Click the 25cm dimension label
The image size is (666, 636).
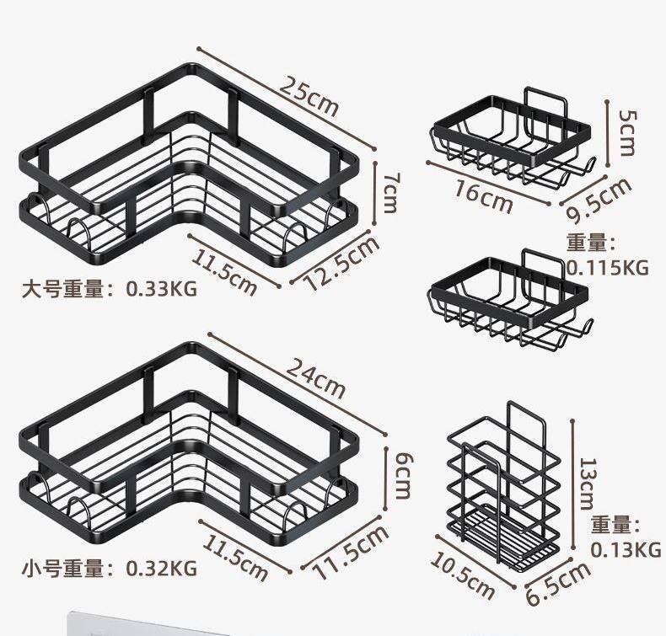coord(309,97)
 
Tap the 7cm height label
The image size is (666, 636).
coord(390,192)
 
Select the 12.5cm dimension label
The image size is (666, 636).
coord(342,263)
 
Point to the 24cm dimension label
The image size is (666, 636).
coord(315,378)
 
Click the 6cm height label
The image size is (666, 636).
coord(403,475)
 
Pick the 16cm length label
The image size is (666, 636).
coord(483,196)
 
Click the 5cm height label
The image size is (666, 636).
coord(628,133)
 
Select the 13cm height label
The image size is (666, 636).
coord(589,484)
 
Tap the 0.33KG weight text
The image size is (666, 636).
coord(162,289)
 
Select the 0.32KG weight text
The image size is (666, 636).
coord(162,568)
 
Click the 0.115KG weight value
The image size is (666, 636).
coord(608,268)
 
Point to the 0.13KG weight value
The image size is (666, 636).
coord(626,550)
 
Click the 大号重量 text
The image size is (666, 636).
coord(63,290)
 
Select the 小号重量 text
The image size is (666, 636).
coord(63,568)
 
